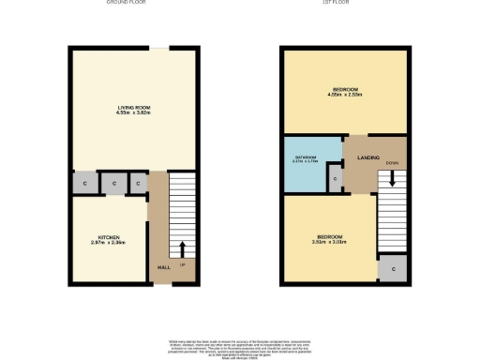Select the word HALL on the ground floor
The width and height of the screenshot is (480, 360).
(x=163, y=265)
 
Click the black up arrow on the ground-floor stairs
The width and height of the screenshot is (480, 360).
(x=182, y=249)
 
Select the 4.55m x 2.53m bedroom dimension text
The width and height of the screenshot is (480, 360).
(x=344, y=95)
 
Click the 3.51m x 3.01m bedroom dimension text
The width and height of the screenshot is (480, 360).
(x=330, y=242)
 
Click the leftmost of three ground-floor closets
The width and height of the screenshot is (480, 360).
(x=84, y=183)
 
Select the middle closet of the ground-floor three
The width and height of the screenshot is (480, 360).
(x=113, y=183)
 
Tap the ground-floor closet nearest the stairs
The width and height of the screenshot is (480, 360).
(x=138, y=183)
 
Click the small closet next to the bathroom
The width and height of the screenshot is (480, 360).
(x=335, y=178)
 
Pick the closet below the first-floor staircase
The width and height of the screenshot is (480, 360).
(x=393, y=269)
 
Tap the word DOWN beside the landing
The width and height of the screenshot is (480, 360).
(x=392, y=163)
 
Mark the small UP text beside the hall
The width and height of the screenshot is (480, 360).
(x=182, y=265)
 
